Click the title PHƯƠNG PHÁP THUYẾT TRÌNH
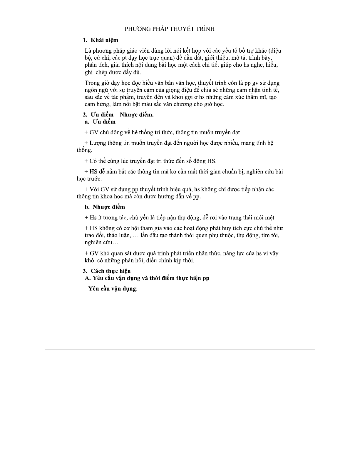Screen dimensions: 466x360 (x=170, y=29)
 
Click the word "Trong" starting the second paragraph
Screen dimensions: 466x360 (x=92, y=83)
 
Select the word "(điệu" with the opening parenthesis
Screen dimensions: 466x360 (x=275, y=51)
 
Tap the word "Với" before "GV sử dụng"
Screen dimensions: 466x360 (x=95, y=189)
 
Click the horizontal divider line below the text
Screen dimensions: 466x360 (x=180, y=350)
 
